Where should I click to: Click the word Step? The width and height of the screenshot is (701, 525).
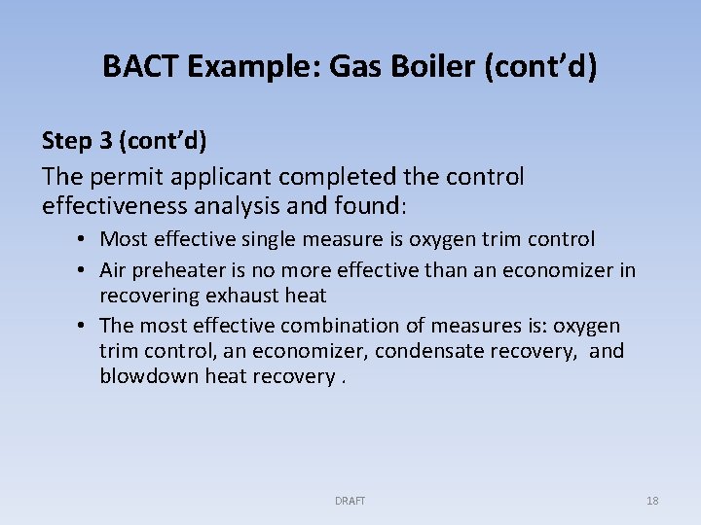(65, 141)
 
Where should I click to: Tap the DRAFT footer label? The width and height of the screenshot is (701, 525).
(350, 501)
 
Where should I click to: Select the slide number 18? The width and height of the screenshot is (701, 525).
(652, 501)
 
